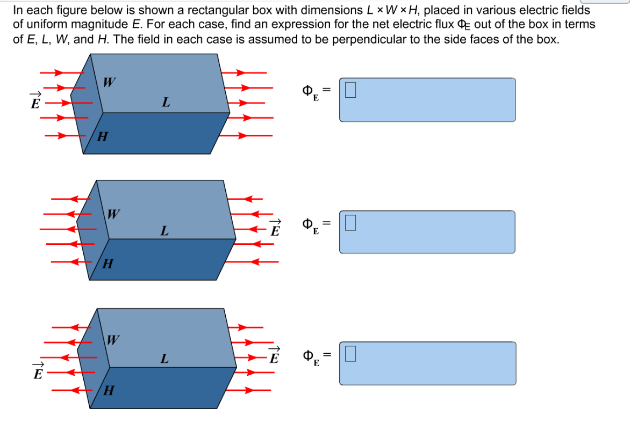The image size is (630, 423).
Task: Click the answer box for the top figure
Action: (427, 100)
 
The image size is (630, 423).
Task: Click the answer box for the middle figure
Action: (427, 231)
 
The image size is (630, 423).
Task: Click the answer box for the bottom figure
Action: (427, 363)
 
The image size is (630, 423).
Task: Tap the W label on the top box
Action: (109, 82)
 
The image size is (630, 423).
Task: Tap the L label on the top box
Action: (166, 102)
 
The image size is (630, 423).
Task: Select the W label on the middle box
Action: (113, 214)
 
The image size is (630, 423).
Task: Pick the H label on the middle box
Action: (108, 264)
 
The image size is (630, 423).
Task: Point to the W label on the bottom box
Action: (113, 340)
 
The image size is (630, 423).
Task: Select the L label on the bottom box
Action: (164, 359)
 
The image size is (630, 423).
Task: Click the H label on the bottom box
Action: (108, 391)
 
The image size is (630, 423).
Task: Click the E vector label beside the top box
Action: (35, 102)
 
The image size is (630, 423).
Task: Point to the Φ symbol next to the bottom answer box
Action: (309, 355)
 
